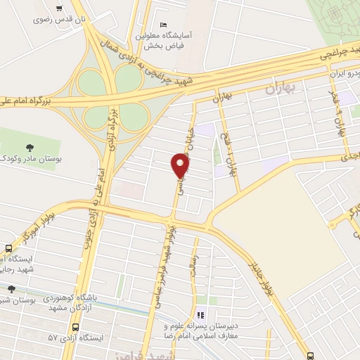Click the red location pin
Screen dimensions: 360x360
[181, 165]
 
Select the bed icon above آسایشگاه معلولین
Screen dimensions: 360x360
[164, 25]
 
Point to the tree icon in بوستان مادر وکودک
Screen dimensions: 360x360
[29, 147]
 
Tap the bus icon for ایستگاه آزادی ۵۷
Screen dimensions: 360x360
[75, 327]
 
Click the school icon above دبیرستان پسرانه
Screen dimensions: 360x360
[200, 316]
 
